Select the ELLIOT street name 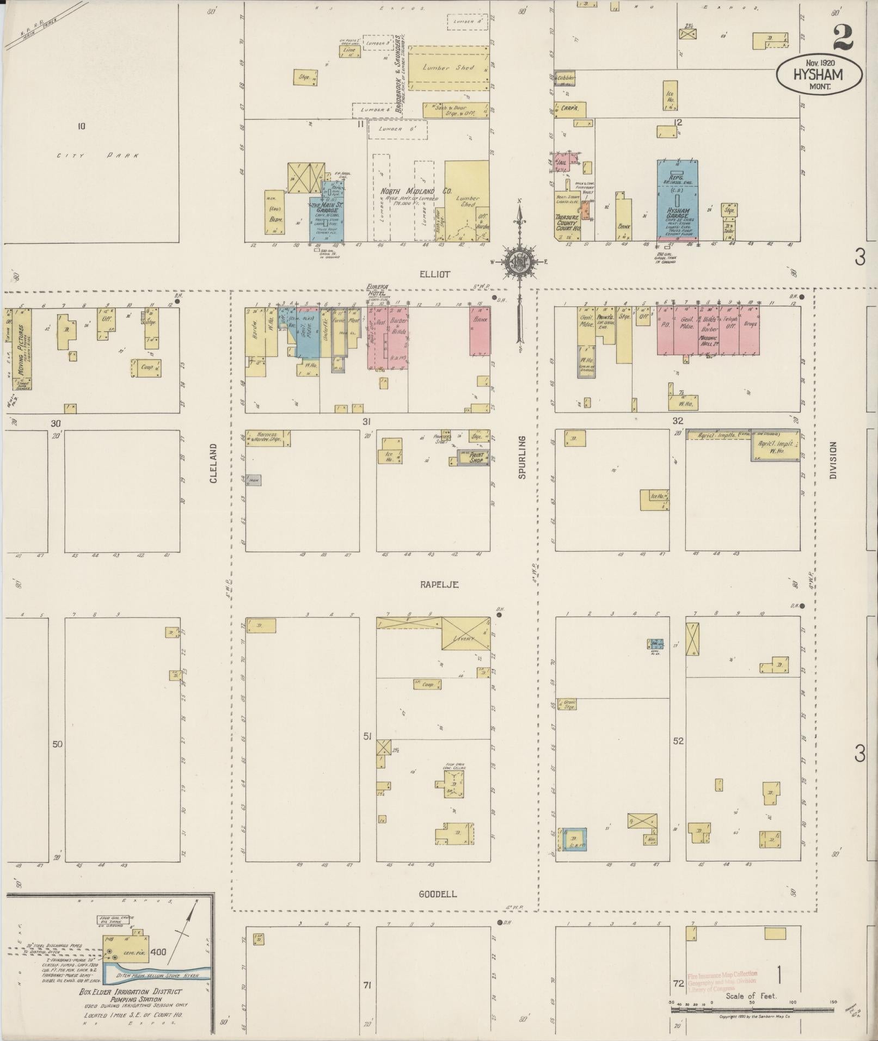pyautogui.click(x=435, y=274)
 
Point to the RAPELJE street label pyautogui.click(x=439, y=584)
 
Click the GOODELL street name pyautogui.click(x=438, y=894)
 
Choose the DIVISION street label pyautogui.click(x=833, y=459)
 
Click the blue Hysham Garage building pyautogui.click(x=678, y=200)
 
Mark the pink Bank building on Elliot pyautogui.click(x=480, y=331)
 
